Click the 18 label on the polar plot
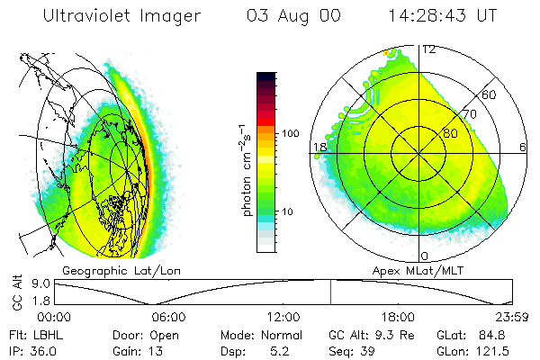(319, 147)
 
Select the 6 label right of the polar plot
(523, 147)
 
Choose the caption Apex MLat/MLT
(422, 270)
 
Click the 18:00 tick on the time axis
(398, 316)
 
